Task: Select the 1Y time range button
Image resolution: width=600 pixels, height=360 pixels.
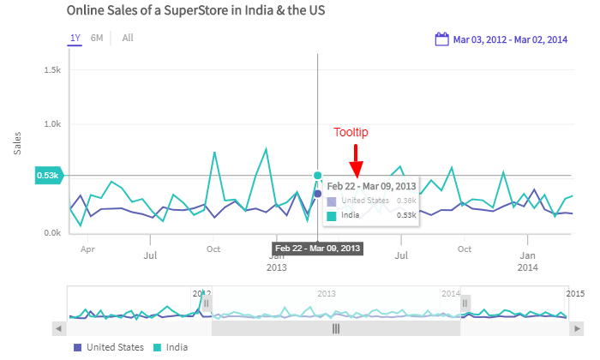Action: click(x=75, y=38)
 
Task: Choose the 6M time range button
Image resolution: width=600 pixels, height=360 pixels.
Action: click(x=97, y=38)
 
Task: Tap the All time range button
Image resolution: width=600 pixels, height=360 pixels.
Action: click(x=128, y=38)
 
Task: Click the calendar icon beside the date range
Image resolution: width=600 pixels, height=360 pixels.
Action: click(x=442, y=39)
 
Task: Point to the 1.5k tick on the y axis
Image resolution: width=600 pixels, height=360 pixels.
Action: click(x=51, y=69)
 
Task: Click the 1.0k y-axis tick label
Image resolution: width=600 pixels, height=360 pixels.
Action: click(x=51, y=123)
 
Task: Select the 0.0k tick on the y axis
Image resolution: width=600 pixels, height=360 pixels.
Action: click(x=51, y=232)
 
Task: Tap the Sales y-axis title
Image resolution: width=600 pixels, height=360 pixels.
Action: click(x=18, y=143)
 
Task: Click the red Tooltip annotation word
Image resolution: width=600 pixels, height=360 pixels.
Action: click(x=351, y=132)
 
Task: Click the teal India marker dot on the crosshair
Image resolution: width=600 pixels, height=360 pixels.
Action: click(x=318, y=176)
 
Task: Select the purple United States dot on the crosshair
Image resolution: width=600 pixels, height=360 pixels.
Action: click(x=318, y=194)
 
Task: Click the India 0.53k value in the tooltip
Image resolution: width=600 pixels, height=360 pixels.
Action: click(x=406, y=215)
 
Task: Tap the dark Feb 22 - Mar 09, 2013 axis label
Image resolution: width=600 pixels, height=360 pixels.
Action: click(x=318, y=249)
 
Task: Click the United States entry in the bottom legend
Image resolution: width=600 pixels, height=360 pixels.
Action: click(x=108, y=347)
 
